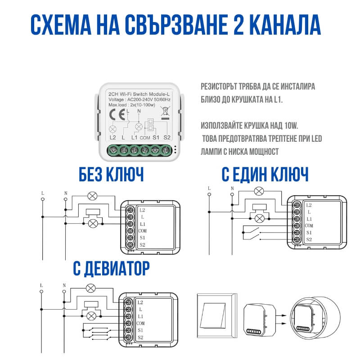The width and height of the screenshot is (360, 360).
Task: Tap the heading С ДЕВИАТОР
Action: pos(111,269)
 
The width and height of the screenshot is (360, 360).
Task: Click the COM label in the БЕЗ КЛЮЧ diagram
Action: pos(143,230)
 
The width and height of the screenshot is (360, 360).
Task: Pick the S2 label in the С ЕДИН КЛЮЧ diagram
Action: pos(309,239)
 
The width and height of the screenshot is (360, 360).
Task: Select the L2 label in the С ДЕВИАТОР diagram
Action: pos(141,302)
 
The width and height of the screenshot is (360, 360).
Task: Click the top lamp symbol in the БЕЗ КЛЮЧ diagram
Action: pos(93,196)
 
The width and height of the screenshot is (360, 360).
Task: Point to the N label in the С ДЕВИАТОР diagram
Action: pos(64,285)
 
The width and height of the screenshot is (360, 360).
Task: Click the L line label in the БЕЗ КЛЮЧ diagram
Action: pos(43,193)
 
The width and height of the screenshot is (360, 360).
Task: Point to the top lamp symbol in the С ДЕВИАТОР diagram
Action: pos(91,288)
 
